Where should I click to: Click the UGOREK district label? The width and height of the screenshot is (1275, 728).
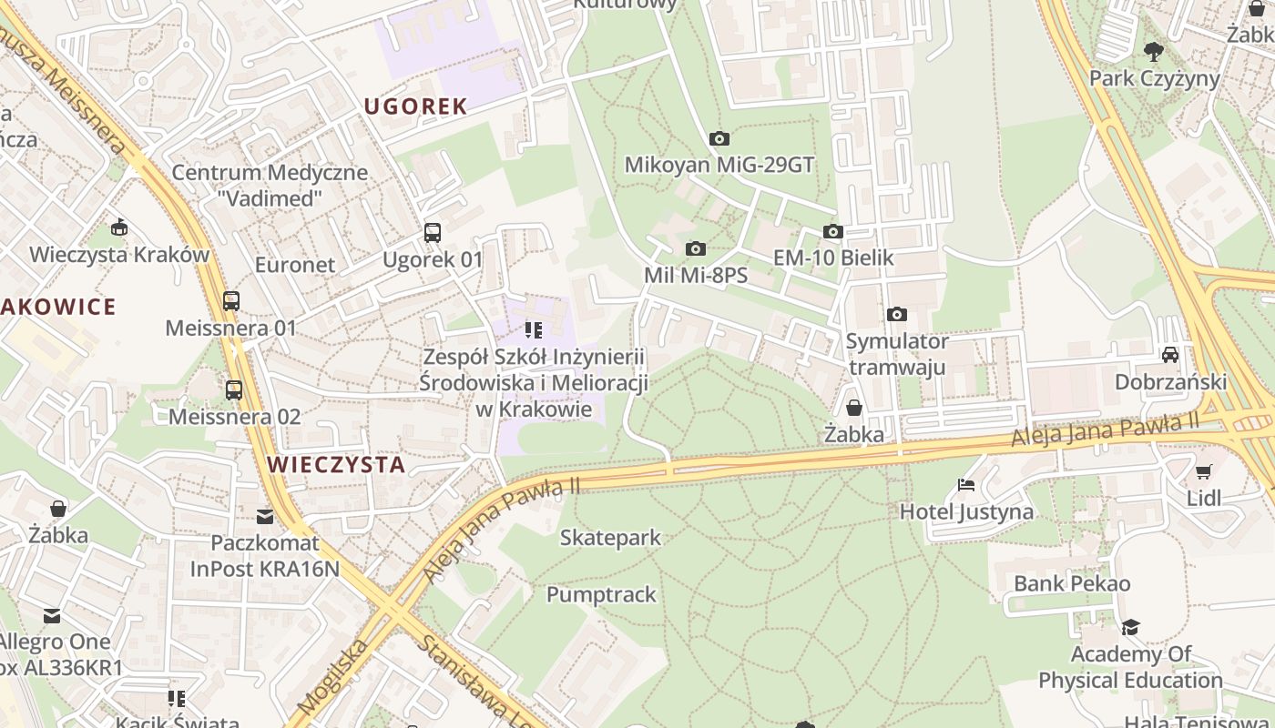pyautogui.click(x=415, y=106)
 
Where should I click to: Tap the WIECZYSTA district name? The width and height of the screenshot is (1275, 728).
pyautogui.click(x=336, y=465)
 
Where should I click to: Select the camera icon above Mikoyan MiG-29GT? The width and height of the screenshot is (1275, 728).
pyautogui.click(x=719, y=139)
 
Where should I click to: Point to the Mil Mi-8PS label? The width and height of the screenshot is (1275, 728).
pyautogui.click(x=696, y=275)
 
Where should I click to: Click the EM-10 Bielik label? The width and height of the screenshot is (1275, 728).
pyautogui.click(x=833, y=258)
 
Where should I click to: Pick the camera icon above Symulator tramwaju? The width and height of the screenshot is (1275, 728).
pyautogui.click(x=897, y=315)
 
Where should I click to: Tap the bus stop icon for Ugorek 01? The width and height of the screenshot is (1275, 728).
pyautogui.click(x=433, y=233)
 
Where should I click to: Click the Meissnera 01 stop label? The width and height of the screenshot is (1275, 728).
pyautogui.click(x=231, y=328)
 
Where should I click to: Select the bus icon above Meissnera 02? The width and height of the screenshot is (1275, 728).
pyautogui.click(x=234, y=390)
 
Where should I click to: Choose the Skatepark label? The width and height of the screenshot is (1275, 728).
pyautogui.click(x=610, y=538)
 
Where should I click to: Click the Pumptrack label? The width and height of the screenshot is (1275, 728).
pyautogui.click(x=601, y=595)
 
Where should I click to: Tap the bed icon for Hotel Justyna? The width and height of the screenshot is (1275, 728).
pyautogui.click(x=966, y=485)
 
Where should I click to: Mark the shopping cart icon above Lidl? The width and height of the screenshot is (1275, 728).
pyautogui.click(x=1204, y=471)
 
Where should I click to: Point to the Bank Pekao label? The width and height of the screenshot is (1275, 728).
pyautogui.click(x=1072, y=583)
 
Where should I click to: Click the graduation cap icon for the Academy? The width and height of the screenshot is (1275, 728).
pyautogui.click(x=1130, y=627)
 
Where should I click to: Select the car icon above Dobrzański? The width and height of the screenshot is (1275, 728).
pyautogui.click(x=1170, y=354)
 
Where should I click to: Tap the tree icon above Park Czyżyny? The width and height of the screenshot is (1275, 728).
pyautogui.click(x=1154, y=51)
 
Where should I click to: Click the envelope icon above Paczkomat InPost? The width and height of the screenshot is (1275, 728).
pyautogui.click(x=265, y=517)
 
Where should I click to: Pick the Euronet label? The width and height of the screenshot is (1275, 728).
pyautogui.click(x=295, y=265)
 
